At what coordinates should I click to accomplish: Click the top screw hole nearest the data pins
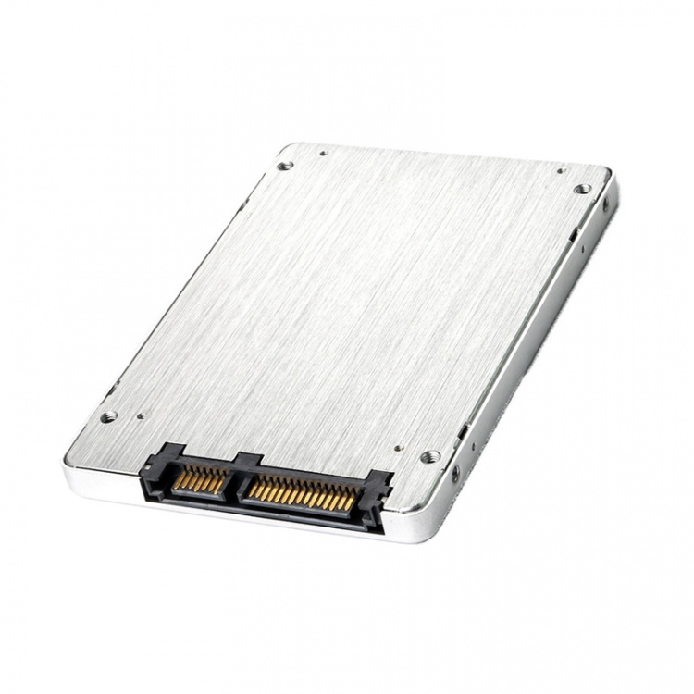[108, 416]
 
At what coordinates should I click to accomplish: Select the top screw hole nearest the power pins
[429, 456]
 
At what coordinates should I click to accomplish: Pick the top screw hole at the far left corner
[285, 166]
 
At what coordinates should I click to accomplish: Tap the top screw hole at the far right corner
[581, 189]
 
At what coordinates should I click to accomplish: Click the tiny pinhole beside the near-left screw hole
[140, 415]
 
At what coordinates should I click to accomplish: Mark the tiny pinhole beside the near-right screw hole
[398, 449]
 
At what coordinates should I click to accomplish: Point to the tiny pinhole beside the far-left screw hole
[322, 154]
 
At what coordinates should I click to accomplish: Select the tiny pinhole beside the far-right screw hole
[560, 170]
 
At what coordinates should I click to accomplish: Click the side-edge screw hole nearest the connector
[455, 473]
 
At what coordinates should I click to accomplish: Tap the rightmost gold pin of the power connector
[351, 504]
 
